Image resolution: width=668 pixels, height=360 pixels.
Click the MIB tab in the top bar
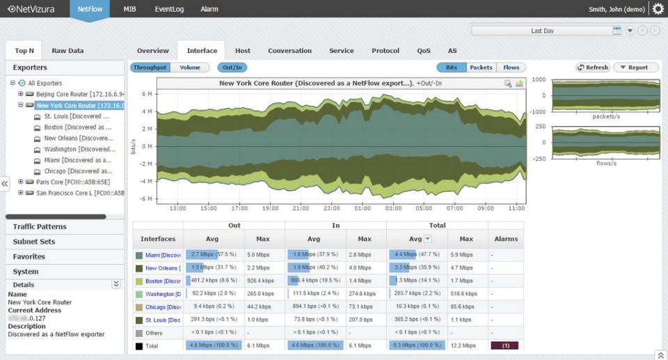pyautogui.click(x=129, y=9)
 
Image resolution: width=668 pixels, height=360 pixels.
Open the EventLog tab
pyautogui.click(x=168, y=9)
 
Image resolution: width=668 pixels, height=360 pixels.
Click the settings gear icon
pyautogui.click(x=658, y=9)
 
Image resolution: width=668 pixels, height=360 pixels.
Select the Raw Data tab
pyautogui.click(x=67, y=51)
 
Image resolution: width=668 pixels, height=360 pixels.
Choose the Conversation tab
pyautogui.click(x=289, y=51)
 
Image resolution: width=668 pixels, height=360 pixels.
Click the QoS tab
pyautogui.click(x=424, y=51)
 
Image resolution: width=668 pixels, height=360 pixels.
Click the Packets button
pyautogui.click(x=481, y=68)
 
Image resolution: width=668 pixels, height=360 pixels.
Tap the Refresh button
pyautogui.click(x=593, y=68)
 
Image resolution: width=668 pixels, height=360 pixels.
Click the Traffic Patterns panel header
pyautogui.click(x=40, y=227)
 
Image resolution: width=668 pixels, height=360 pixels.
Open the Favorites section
pyautogui.click(x=29, y=257)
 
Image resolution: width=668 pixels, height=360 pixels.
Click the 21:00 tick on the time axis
pyautogui.click(x=301, y=208)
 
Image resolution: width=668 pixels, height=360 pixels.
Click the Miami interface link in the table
pyautogui.click(x=163, y=256)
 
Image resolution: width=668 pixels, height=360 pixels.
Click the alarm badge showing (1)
pyautogui.click(x=504, y=345)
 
